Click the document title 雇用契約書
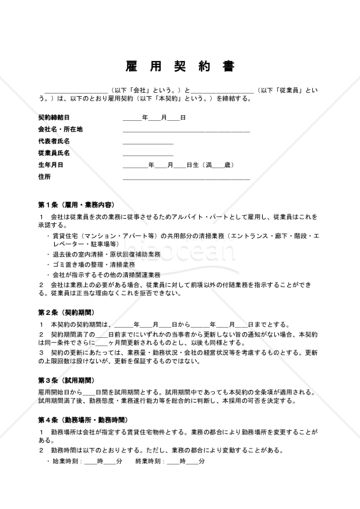(x=179, y=67)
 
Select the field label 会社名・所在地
(x=60, y=129)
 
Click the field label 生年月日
(x=50, y=165)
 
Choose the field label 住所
(x=44, y=176)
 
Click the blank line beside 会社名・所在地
(x=186, y=131)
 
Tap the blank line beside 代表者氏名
(x=148, y=143)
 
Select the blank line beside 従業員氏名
(x=148, y=155)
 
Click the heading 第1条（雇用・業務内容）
(x=76, y=205)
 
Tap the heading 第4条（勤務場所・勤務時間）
(x=82, y=421)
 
